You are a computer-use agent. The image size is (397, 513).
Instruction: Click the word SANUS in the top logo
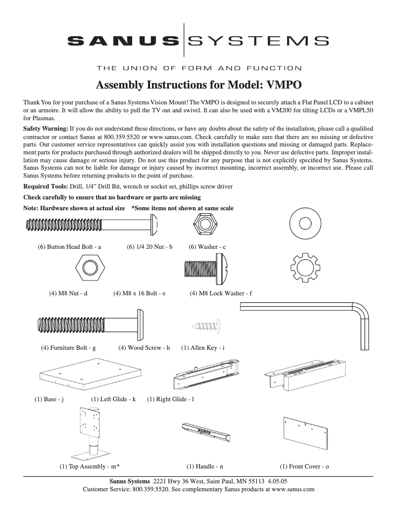124,40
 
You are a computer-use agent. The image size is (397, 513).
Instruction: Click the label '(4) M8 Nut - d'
68,293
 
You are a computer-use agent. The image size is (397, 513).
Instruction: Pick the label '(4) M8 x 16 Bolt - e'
140,293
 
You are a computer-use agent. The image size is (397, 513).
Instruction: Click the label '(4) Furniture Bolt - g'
68,348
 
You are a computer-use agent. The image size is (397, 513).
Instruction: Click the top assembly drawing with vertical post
91,434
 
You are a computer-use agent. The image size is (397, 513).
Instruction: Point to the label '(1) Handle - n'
205,466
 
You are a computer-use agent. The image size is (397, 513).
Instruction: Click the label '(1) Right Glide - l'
170,399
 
